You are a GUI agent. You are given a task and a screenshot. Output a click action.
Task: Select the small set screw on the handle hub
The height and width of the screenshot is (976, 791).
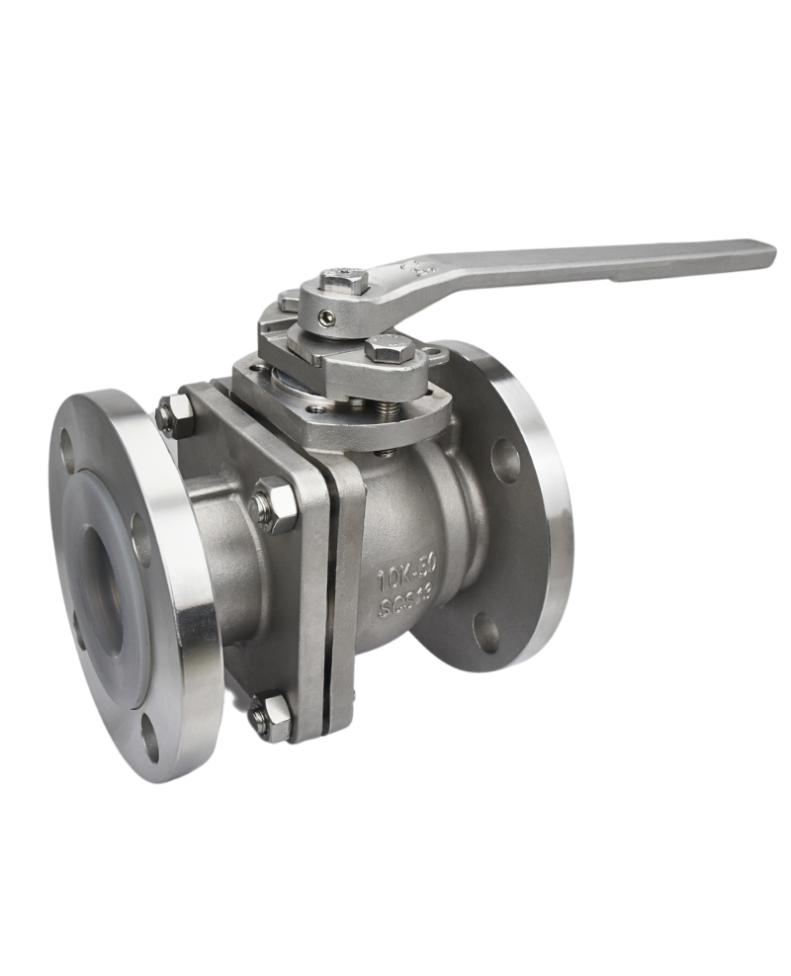pyautogui.click(x=327, y=316)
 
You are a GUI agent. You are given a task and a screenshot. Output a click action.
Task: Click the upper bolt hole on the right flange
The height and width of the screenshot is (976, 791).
pyautogui.click(x=507, y=462)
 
